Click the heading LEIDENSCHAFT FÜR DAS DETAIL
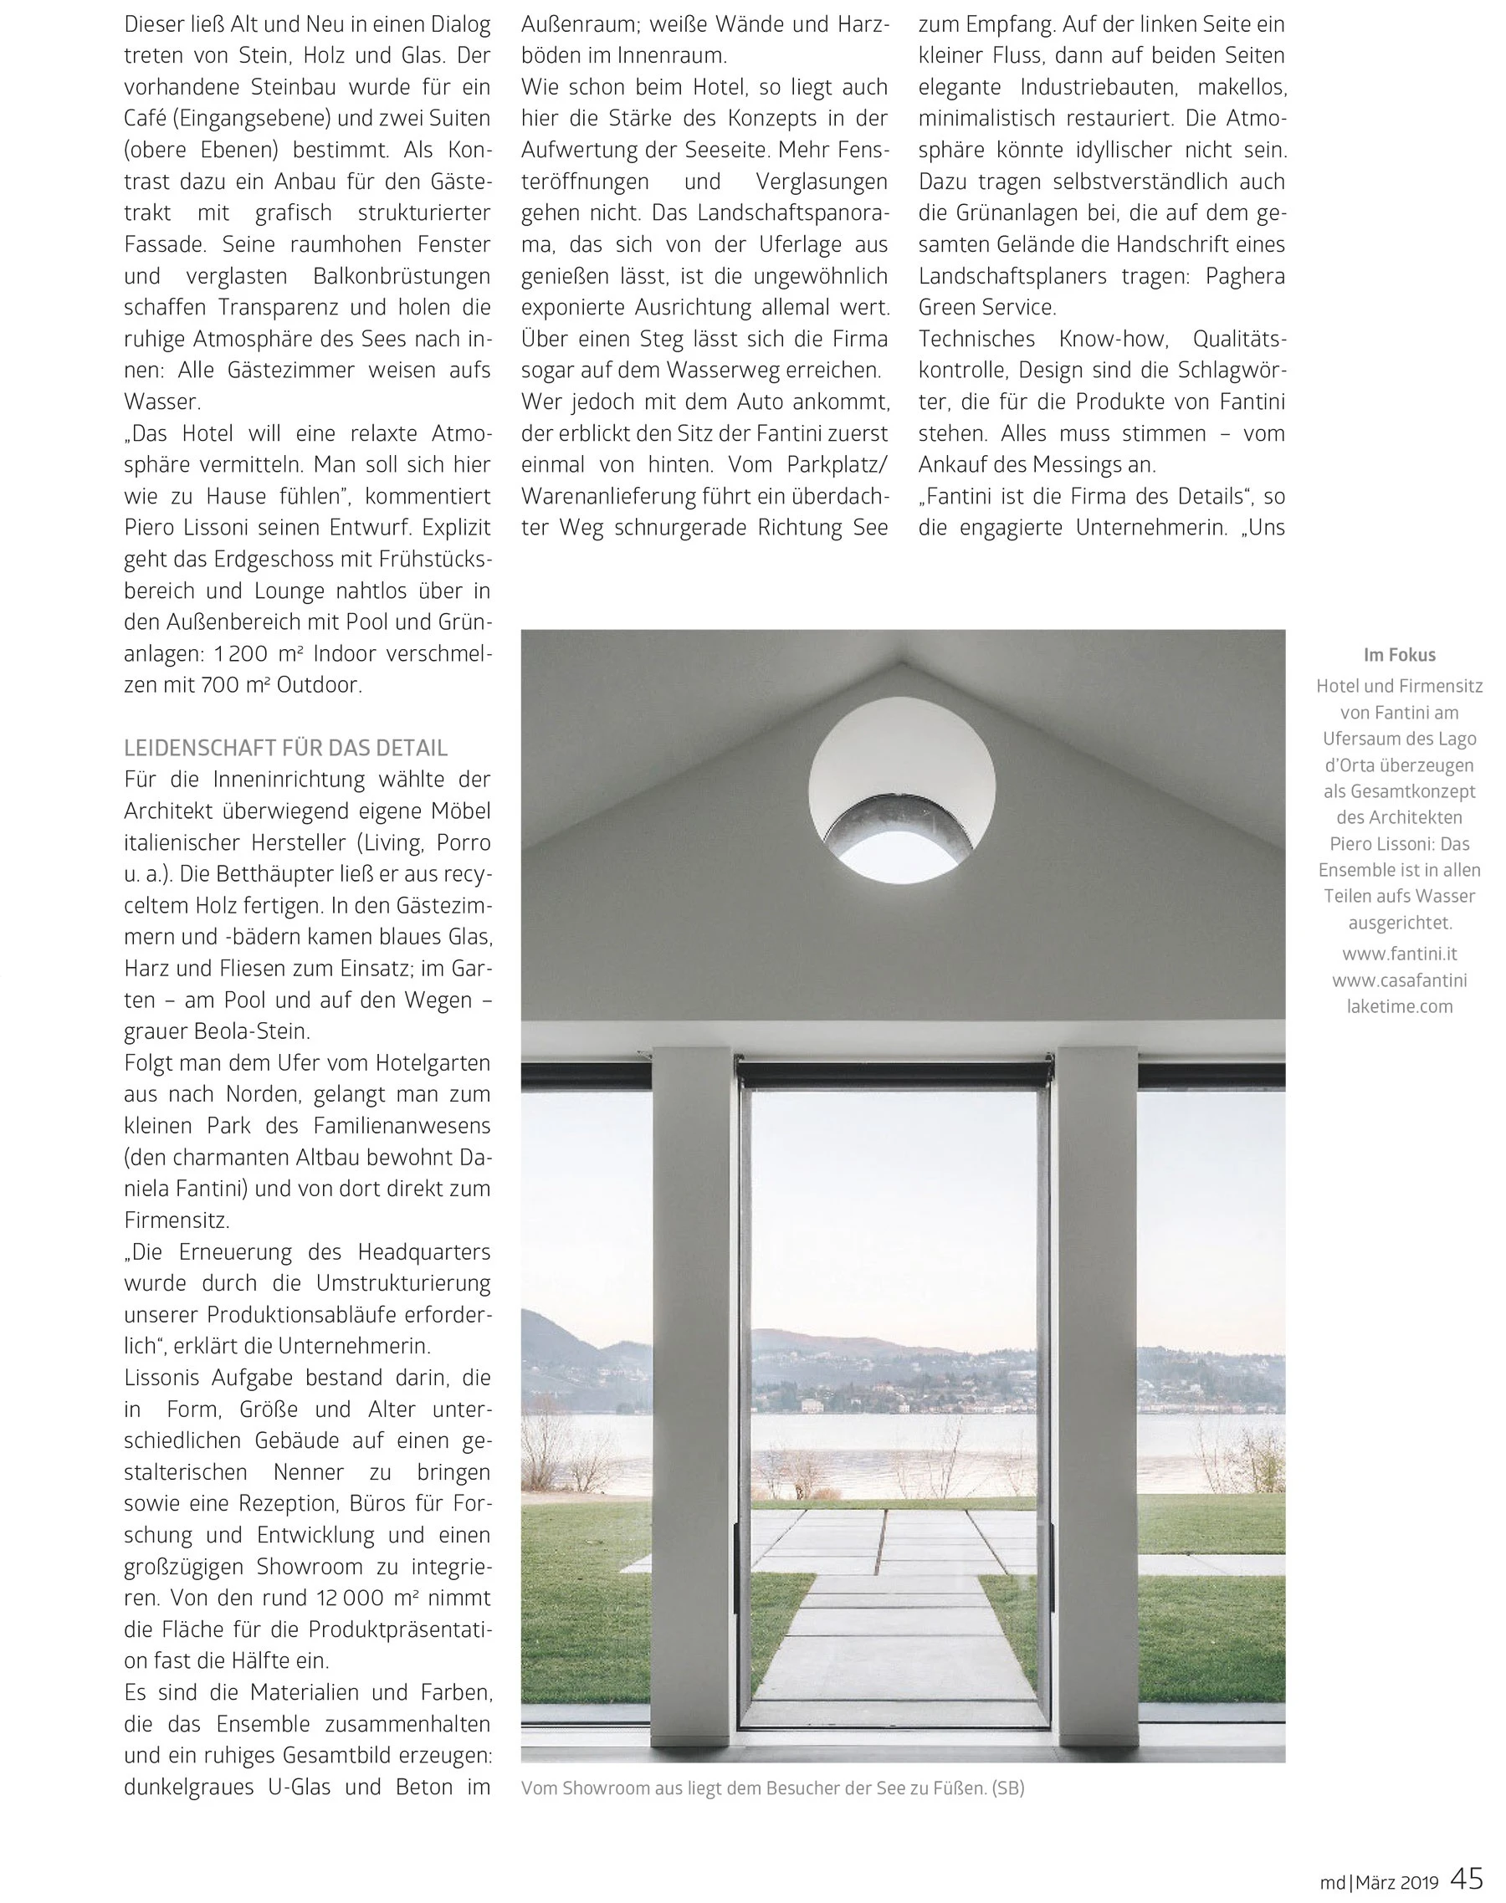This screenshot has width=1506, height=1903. tap(285, 749)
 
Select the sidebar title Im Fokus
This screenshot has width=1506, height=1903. tap(1399, 655)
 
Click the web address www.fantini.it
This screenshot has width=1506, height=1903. tap(1399, 954)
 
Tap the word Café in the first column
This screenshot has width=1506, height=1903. tap(147, 119)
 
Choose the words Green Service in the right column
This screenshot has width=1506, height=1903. tap(986, 308)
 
